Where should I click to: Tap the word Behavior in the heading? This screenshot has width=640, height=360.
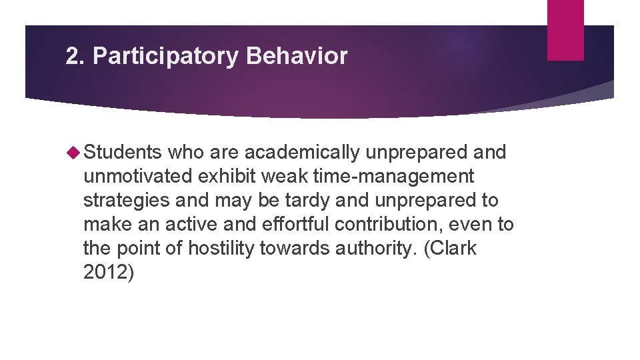click(x=297, y=57)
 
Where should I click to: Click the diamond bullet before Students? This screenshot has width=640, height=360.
click(x=75, y=153)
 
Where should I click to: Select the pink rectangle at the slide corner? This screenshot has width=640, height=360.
click(x=565, y=29)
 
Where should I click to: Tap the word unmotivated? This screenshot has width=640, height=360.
click(x=137, y=177)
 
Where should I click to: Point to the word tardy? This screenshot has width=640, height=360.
click(x=295, y=201)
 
